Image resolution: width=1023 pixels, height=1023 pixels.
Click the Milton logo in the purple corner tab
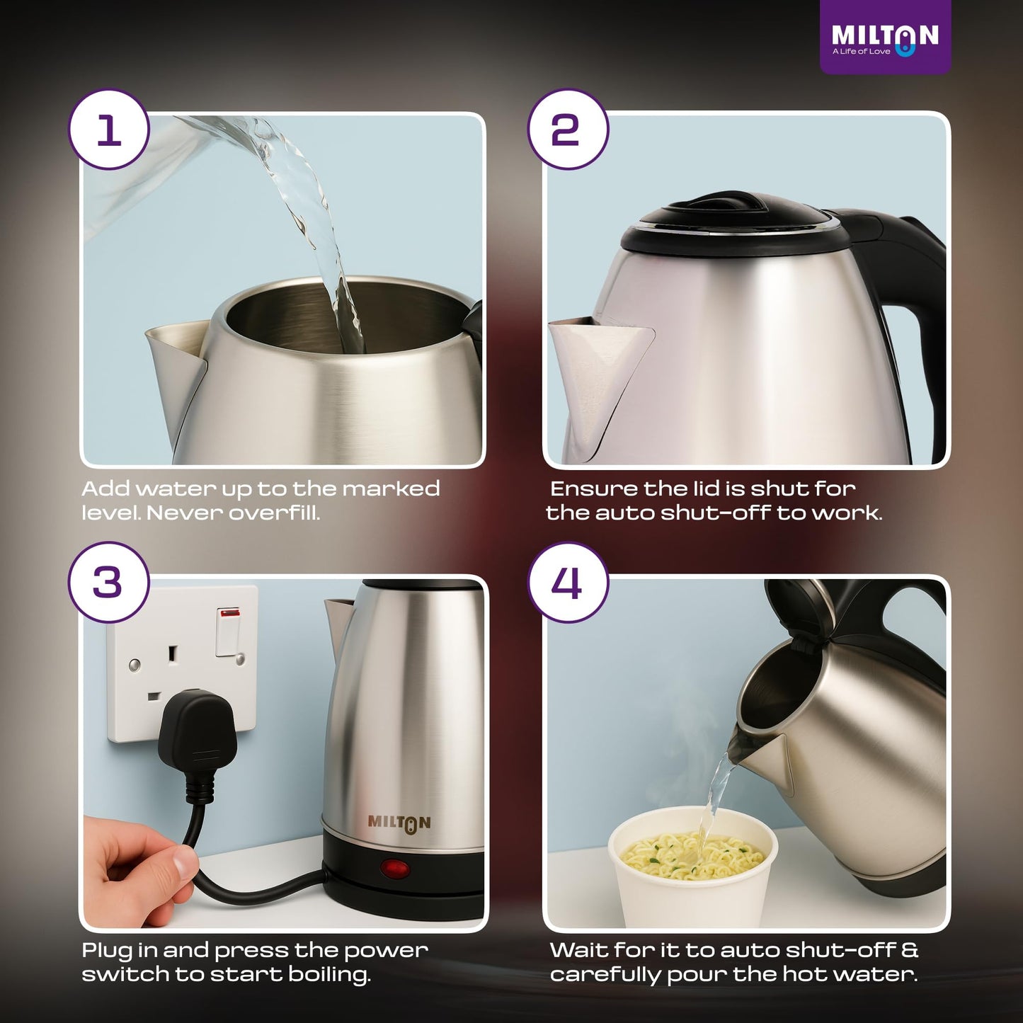(884, 39)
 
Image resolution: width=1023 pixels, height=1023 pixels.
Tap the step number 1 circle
(109, 130)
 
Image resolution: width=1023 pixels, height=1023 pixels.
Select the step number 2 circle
(567, 130)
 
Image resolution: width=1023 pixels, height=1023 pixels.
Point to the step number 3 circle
(109, 583)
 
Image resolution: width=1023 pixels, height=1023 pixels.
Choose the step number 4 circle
(567, 583)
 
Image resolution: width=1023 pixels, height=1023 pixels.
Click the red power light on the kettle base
(394, 868)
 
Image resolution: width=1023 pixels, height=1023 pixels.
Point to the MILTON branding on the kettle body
(399, 823)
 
